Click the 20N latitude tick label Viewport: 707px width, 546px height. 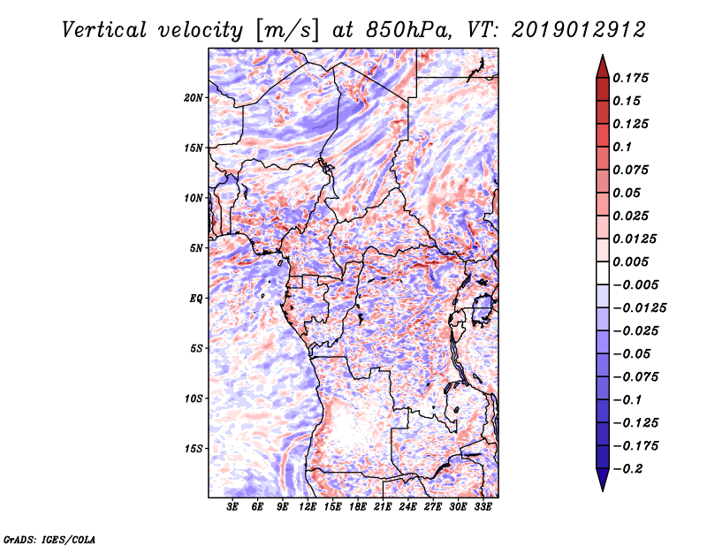[x=194, y=97]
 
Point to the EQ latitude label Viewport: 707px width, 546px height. [x=197, y=299]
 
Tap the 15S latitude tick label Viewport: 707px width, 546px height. [x=194, y=449]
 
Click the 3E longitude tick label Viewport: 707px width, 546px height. [x=233, y=508]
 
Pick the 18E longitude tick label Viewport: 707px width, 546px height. [x=359, y=508]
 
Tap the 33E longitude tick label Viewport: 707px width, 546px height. [x=483, y=508]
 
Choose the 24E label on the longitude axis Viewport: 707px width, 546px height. [x=408, y=508]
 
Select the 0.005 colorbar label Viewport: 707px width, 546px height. [x=632, y=262]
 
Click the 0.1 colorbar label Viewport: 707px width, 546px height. [x=624, y=147]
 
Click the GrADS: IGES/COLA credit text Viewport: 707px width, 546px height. [x=49, y=538]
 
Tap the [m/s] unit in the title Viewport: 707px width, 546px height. [x=282, y=30]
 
